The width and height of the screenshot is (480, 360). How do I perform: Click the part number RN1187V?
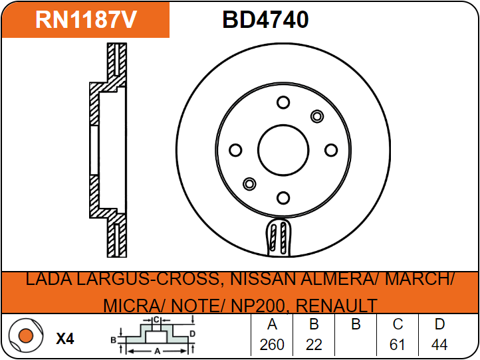(x=86, y=20)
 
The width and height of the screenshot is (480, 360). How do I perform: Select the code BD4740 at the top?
(x=265, y=20)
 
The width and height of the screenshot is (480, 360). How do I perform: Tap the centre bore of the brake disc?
(x=283, y=149)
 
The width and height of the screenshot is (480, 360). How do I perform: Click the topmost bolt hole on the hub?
(x=283, y=102)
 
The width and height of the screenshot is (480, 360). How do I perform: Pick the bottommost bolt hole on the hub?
(x=283, y=197)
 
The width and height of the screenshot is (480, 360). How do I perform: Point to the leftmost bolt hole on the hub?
(x=235, y=150)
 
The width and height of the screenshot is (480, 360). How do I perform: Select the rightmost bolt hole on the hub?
(x=330, y=150)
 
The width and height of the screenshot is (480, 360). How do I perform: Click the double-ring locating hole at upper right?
(x=316, y=116)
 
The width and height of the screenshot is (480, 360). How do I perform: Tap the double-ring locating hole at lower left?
(x=250, y=183)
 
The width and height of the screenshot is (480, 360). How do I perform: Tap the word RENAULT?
(x=336, y=306)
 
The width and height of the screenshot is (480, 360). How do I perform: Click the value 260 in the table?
(x=272, y=344)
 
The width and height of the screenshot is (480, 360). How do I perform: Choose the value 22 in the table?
(x=314, y=344)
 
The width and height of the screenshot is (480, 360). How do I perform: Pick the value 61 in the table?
(x=398, y=344)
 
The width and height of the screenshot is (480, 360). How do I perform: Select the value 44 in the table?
(x=439, y=344)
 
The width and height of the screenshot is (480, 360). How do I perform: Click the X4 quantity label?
(x=64, y=339)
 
